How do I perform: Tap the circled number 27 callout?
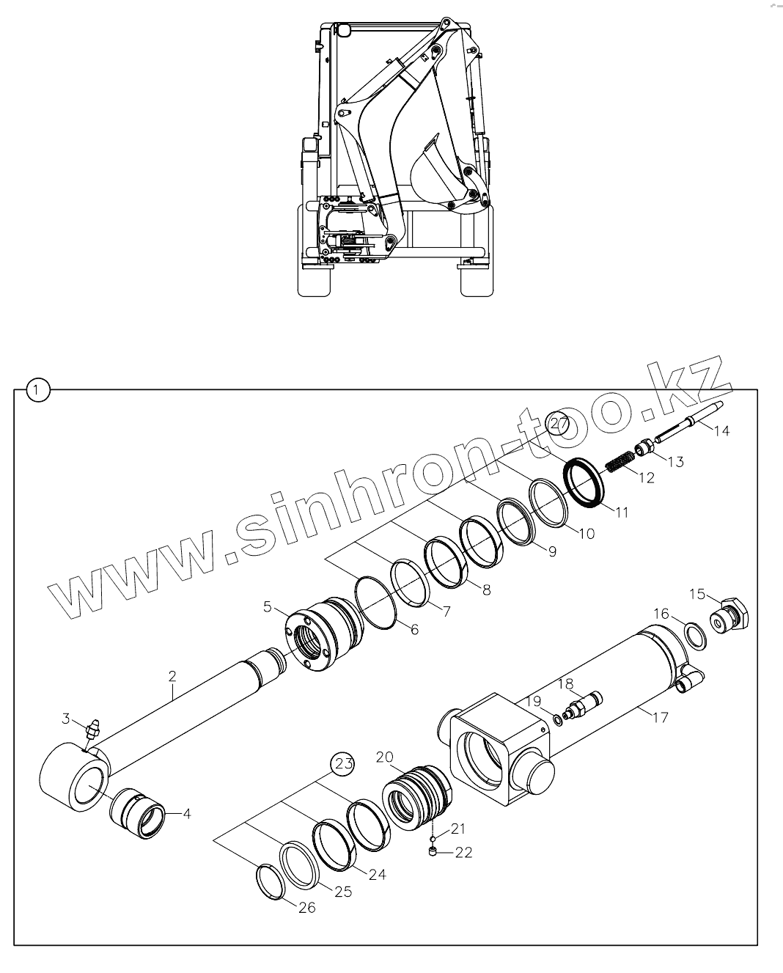[x=559, y=424]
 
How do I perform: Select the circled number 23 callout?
[x=344, y=763]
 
